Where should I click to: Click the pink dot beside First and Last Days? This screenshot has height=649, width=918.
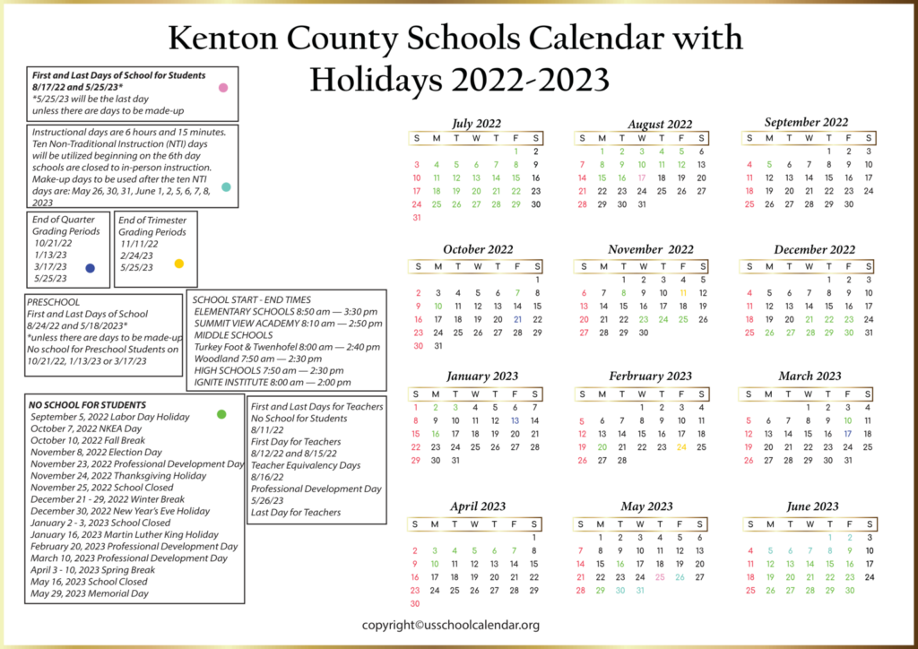click(x=223, y=88)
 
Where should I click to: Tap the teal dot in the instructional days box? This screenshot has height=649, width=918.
click(x=226, y=187)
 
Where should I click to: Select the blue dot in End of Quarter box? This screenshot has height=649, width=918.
click(x=90, y=268)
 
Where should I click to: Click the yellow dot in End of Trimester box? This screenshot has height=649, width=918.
click(x=179, y=264)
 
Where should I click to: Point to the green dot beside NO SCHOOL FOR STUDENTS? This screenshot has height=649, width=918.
click(x=221, y=414)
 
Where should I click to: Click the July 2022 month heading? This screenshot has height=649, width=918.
click(x=477, y=123)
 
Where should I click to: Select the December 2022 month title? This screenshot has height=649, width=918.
click(x=815, y=249)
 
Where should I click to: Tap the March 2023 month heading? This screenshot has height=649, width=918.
click(x=810, y=376)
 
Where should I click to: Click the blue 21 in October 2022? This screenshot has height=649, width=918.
click(x=517, y=319)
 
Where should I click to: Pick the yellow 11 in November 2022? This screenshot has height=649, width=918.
click(x=683, y=293)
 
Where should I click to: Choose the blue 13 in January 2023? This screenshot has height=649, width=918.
click(x=515, y=420)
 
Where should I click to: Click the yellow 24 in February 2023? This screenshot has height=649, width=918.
click(x=681, y=446)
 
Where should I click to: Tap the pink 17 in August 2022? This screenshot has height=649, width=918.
click(x=642, y=177)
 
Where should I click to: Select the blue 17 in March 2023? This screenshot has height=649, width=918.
click(x=848, y=433)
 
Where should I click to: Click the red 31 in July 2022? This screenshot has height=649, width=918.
click(x=417, y=218)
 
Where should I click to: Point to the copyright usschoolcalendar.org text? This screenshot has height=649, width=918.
click(x=450, y=625)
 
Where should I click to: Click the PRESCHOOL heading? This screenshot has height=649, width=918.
click(x=53, y=302)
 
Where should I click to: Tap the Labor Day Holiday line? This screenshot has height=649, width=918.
click(x=109, y=417)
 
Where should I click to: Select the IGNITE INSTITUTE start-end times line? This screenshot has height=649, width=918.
click(x=273, y=382)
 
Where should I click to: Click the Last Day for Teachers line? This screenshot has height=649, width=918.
click(x=296, y=512)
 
